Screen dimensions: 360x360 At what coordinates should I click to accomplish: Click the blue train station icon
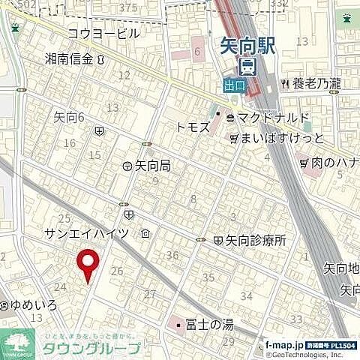click(249, 66)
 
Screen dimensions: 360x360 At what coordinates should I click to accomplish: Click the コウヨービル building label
click(103, 33)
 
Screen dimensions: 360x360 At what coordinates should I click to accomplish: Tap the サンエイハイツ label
click(88, 234)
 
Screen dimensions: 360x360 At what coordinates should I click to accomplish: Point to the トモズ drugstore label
click(193, 127)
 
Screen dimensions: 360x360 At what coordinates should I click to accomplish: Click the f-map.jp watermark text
click(283, 344)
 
